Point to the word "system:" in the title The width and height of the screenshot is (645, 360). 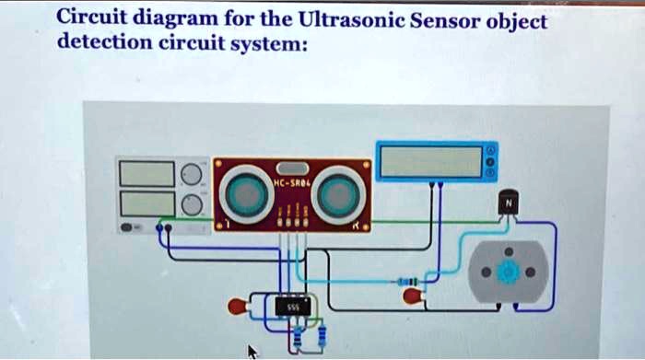pos(271,43)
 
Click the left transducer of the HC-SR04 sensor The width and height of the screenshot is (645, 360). pos(247,192)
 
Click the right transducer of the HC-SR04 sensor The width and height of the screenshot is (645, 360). pos(337,192)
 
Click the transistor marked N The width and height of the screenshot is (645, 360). pos(509,203)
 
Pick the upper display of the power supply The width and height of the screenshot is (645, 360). pos(146,173)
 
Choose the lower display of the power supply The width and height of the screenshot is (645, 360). pos(146,203)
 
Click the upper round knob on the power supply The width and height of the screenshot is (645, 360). pos(191,174)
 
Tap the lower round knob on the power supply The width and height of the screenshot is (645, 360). pos(191,203)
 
